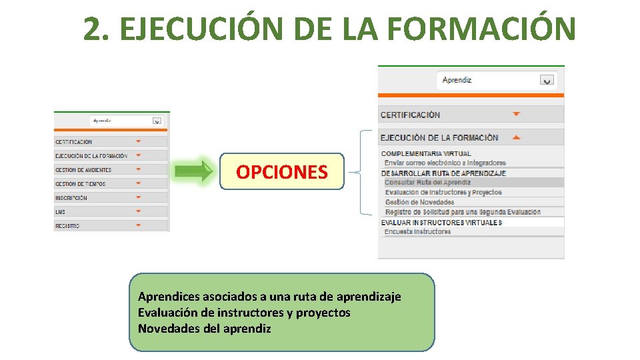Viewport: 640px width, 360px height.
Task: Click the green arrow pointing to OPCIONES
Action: point(193,171)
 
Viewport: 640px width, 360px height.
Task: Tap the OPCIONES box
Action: point(282,172)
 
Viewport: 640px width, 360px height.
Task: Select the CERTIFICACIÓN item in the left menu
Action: point(74,142)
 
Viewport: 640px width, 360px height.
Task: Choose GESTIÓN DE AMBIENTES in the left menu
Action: point(83,170)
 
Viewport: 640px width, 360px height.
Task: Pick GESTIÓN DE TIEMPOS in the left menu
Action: point(81,184)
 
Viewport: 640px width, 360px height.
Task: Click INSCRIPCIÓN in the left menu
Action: point(71,198)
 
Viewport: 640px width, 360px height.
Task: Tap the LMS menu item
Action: point(61,212)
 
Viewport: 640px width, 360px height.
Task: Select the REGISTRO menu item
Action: point(67,226)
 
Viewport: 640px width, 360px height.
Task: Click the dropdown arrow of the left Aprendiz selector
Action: point(157,121)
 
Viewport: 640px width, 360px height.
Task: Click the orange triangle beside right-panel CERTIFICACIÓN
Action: point(516,114)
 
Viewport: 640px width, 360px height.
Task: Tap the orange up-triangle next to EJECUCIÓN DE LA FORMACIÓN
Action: point(516,137)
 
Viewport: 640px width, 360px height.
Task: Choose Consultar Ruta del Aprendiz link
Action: point(428,182)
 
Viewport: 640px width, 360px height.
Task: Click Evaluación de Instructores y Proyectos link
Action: point(443,192)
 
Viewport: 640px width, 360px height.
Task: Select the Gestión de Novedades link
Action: point(419,202)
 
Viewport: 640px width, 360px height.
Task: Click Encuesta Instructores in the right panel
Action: point(418,232)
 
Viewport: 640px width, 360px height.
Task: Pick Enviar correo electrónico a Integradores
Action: point(445,163)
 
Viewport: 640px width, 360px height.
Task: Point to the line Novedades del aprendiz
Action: point(205,328)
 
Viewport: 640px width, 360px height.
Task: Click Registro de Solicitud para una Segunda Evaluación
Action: point(463,212)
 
